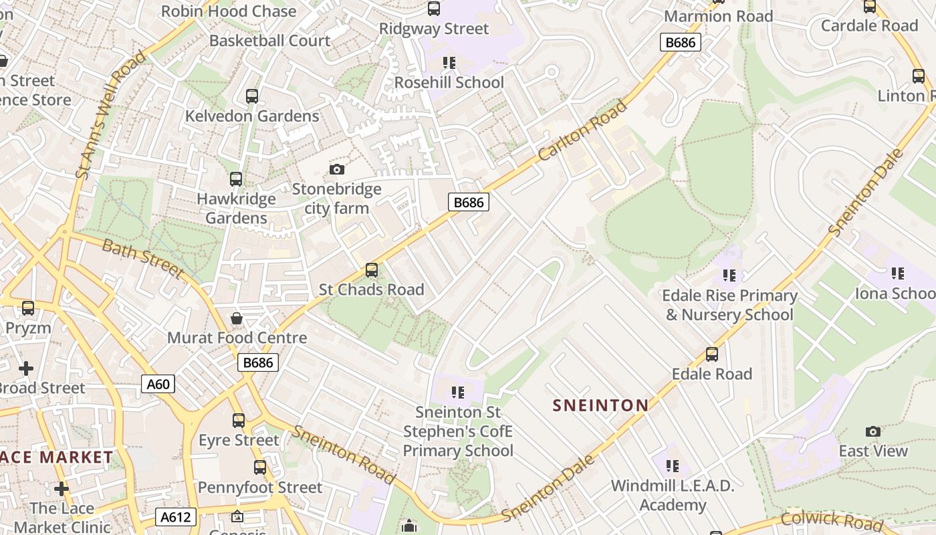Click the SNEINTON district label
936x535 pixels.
pyautogui.click(x=601, y=405)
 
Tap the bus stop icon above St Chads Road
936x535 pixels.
pyautogui.click(x=371, y=270)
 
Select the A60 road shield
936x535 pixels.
pyautogui.click(x=158, y=384)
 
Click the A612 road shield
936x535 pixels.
pyautogui.click(x=177, y=516)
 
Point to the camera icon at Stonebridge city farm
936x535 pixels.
pyautogui.click(x=337, y=169)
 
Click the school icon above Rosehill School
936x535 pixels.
pyautogui.click(x=449, y=63)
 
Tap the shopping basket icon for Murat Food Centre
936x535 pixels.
pyautogui.click(x=237, y=318)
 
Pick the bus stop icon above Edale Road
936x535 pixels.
pyautogui.click(x=712, y=354)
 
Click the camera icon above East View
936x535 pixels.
pyautogui.click(x=873, y=431)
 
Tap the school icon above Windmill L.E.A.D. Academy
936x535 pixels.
pyautogui.click(x=673, y=465)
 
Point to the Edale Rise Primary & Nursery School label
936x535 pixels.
pyautogui.click(x=729, y=305)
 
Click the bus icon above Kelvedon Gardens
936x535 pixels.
pyautogui.click(x=252, y=96)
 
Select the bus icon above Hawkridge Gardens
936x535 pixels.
pyautogui.click(x=236, y=179)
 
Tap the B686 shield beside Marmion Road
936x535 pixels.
pyautogui.click(x=681, y=43)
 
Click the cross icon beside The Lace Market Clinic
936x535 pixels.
pyautogui.click(x=62, y=489)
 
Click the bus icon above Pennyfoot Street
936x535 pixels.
pyautogui.click(x=260, y=467)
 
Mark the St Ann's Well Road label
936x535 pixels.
pyautogui.click(x=111, y=115)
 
